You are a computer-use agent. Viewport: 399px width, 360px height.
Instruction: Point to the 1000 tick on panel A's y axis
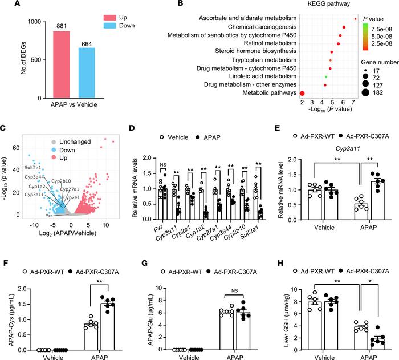(32, 22)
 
